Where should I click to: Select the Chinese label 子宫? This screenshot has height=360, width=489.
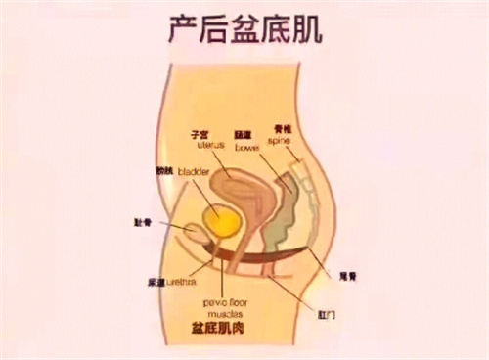pyautogui.click(x=204, y=132)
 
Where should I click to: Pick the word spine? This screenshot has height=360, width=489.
pyautogui.click(x=281, y=141)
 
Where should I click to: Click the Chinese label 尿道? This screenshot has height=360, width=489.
pyautogui.click(x=156, y=280)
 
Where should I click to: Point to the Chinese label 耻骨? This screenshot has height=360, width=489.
pyautogui.click(x=142, y=222)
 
